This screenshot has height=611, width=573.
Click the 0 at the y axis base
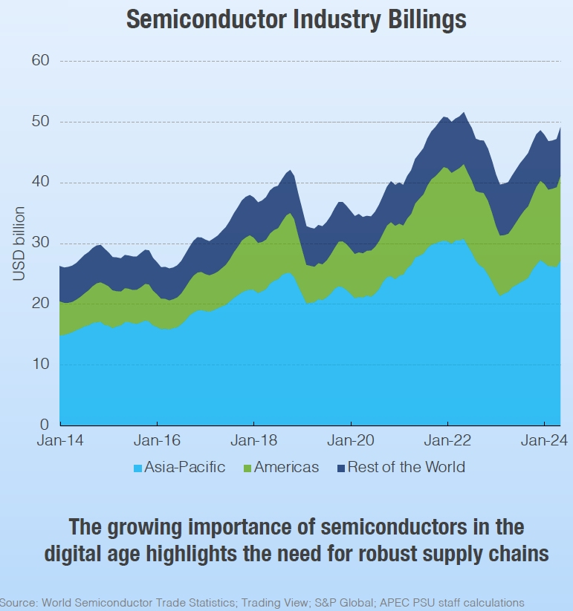(44, 425)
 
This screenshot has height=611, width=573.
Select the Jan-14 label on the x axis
(60, 441)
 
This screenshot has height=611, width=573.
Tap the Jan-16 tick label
(157, 441)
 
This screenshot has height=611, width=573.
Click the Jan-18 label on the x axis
(254, 441)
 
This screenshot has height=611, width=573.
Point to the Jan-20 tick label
(351, 441)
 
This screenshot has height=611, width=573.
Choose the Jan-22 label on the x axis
(447, 441)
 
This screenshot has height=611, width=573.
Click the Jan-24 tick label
(544, 441)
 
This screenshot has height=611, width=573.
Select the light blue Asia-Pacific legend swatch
(137, 468)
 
